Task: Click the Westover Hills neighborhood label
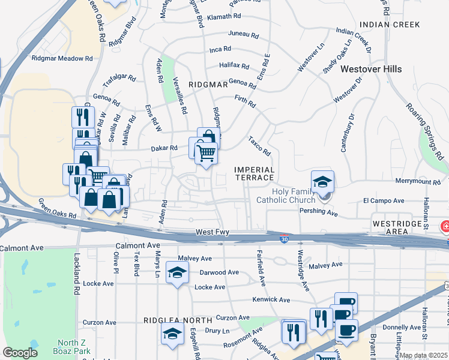click(x=371, y=69)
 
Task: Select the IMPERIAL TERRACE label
click(x=254, y=175)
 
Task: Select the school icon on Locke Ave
click(x=177, y=274)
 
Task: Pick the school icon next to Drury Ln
click(x=172, y=334)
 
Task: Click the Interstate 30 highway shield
click(x=283, y=239)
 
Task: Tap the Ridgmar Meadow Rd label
click(x=62, y=59)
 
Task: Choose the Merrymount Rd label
click(x=418, y=181)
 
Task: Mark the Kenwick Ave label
click(x=272, y=299)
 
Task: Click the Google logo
click(x=20, y=353)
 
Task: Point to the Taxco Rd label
click(x=259, y=145)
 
